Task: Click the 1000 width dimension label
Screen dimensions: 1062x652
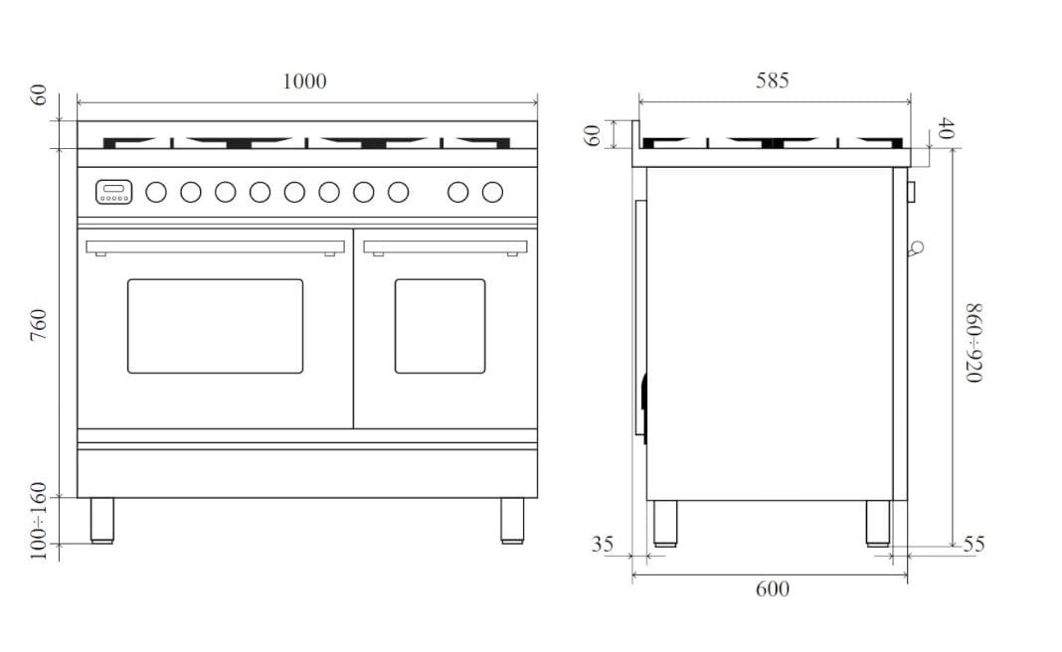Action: (x=304, y=81)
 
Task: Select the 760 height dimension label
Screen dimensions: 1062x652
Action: (x=40, y=325)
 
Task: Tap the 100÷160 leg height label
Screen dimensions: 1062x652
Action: (x=40, y=521)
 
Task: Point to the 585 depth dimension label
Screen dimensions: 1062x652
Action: (x=772, y=81)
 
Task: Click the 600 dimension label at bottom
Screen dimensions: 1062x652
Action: (x=772, y=589)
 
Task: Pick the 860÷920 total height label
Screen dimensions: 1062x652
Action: (x=973, y=343)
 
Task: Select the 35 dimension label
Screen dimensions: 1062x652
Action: (x=603, y=544)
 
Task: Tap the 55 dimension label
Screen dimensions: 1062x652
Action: (x=973, y=544)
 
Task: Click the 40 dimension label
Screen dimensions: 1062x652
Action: (x=947, y=128)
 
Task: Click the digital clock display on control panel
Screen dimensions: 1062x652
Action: (x=113, y=192)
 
